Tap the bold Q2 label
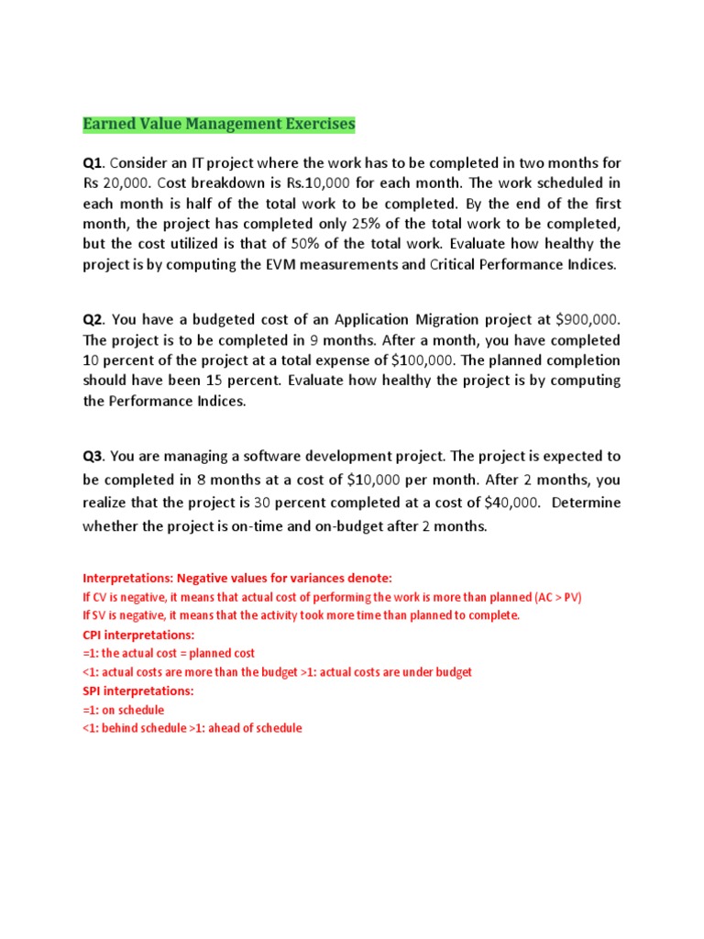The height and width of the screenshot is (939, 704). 93,319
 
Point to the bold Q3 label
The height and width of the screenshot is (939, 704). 93,457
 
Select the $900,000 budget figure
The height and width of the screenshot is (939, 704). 588,319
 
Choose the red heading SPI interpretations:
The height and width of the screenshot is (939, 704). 138,690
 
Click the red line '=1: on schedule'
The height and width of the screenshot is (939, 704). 124,710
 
